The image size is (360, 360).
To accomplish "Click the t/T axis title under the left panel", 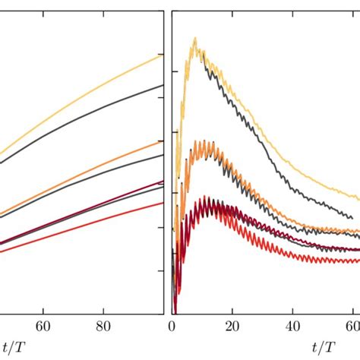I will [9, 346].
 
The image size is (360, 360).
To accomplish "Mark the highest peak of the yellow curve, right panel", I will [195, 37].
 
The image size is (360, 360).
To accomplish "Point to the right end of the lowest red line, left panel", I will [163, 203].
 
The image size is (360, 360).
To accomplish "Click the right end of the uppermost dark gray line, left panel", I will [163, 85].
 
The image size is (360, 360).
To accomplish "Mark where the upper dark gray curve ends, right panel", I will [352, 219].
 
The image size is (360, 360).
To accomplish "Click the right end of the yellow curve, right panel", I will [359, 199].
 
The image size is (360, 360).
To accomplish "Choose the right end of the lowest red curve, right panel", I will [359, 261].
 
